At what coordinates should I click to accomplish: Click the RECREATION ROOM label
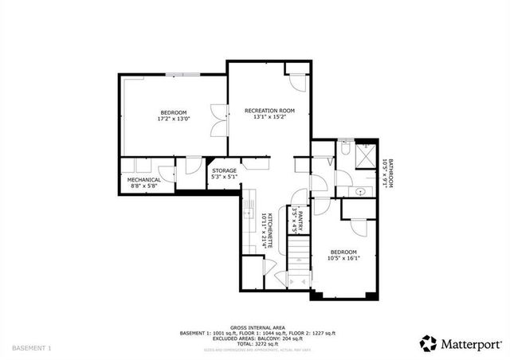[x=269, y=110]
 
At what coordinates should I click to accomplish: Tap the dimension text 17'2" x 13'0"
[x=173, y=119]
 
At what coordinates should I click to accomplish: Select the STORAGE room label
[x=224, y=170]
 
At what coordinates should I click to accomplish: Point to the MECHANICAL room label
[x=144, y=180]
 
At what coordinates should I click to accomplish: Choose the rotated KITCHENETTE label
[x=270, y=231]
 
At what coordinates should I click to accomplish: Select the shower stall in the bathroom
[x=367, y=153]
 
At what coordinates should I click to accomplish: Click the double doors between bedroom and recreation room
[x=215, y=119]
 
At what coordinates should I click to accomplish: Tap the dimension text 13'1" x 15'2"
[x=269, y=117]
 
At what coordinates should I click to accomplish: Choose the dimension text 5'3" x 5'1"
[x=224, y=176]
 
